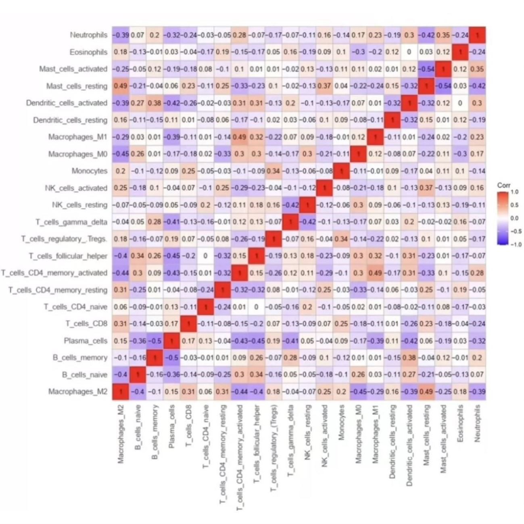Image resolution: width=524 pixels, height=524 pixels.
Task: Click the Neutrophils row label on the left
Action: [x=88, y=35]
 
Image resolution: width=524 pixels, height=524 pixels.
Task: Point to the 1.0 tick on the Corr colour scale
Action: [x=514, y=192]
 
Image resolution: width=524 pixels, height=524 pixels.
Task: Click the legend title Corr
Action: [x=503, y=185]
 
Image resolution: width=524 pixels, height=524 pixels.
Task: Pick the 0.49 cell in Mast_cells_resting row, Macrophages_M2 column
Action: [x=121, y=86]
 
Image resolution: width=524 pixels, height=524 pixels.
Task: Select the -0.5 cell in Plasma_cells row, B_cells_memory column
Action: [x=154, y=341]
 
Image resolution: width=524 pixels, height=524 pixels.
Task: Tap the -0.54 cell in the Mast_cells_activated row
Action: [x=426, y=69]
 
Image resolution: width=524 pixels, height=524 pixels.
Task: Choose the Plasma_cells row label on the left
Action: [x=86, y=341]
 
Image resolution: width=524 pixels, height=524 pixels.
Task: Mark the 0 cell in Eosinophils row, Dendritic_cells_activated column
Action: [x=409, y=52]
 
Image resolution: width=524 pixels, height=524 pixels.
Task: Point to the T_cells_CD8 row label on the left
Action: [x=86, y=324]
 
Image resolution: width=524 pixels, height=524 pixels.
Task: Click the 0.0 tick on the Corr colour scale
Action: [x=514, y=218]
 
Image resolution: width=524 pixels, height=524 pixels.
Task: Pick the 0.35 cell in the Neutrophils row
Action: [x=443, y=35]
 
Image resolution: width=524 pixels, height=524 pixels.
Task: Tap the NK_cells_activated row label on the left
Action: [x=76, y=188]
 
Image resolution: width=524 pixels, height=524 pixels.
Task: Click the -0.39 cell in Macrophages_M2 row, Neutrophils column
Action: [x=477, y=392]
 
